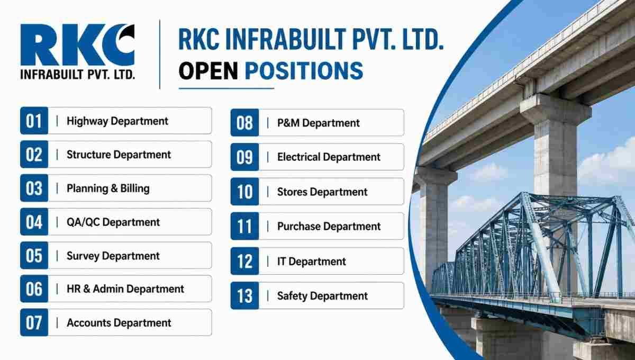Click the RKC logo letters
coord(77,45)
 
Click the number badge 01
coord(34,121)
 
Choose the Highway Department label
coord(117,121)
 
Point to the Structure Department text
coord(119,155)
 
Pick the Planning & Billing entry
coord(108,188)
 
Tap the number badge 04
coord(34,222)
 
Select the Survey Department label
coord(113,256)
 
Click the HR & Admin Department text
coord(125,289)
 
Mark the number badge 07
coord(34,322)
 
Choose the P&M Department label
coord(319,123)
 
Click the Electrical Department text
coord(329,157)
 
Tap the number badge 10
coord(244,192)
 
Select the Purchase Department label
coord(329,227)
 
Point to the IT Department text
coord(312,262)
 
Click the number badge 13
coord(244,296)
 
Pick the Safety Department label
coord(322,296)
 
